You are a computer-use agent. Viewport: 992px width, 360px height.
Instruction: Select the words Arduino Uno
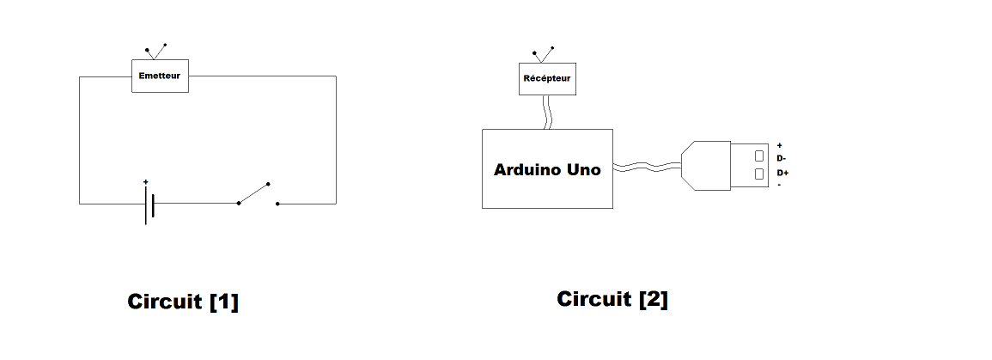tap(547, 170)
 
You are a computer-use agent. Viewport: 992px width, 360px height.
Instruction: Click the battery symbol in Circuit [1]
tap(149, 204)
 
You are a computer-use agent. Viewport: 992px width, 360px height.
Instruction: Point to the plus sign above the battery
tap(146, 182)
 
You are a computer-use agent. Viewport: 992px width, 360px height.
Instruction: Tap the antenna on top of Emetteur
tap(155, 52)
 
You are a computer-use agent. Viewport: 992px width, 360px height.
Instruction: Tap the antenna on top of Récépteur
tap(542, 55)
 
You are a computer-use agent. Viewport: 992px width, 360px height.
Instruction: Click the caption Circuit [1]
tap(183, 302)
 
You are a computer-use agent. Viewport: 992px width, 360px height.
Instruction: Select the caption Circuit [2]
tap(612, 299)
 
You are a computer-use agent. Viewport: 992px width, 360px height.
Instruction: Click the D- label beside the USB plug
tap(781, 159)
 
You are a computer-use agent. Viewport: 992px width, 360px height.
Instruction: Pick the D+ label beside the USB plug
tap(782, 173)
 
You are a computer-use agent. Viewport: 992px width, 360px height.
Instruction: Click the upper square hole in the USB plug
tap(759, 156)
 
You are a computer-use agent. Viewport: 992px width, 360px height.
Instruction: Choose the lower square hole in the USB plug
tap(759, 174)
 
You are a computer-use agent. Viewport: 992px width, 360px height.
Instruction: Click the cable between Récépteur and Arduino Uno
tap(546, 112)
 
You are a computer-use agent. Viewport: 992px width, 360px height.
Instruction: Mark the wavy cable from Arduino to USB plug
tap(647, 167)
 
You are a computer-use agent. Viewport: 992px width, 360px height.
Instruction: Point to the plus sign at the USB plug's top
tap(779, 146)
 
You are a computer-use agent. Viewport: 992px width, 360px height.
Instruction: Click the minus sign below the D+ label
tap(778, 185)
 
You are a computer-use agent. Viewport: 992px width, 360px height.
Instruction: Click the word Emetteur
tap(160, 76)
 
